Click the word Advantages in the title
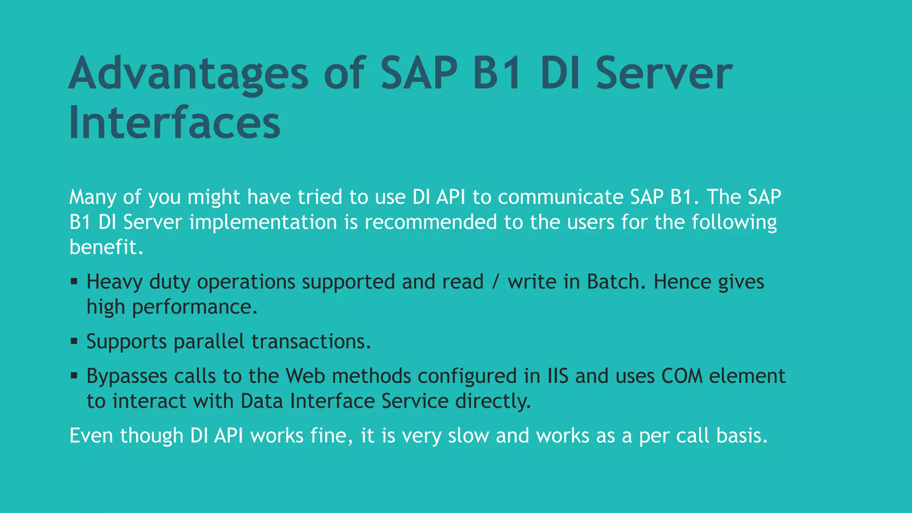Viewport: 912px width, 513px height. click(188, 73)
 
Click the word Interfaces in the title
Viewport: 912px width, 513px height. click(175, 122)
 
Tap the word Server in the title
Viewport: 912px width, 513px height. click(664, 73)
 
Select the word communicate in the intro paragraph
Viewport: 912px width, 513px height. click(560, 197)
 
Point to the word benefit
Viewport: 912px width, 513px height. click(106, 247)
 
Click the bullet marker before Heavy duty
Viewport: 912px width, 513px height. click(74, 281)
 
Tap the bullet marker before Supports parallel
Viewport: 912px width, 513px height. click(74, 341)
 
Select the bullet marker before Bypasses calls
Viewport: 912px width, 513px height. click(74, 376)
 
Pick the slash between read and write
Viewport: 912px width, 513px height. click(495, 281)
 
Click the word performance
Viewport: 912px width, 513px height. click(195, 307)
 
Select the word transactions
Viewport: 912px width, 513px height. click(311, 342)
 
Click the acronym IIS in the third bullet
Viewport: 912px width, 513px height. click(558, 376)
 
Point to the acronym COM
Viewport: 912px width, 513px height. click(682, 376)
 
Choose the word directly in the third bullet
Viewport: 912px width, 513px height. click(493, 401)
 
